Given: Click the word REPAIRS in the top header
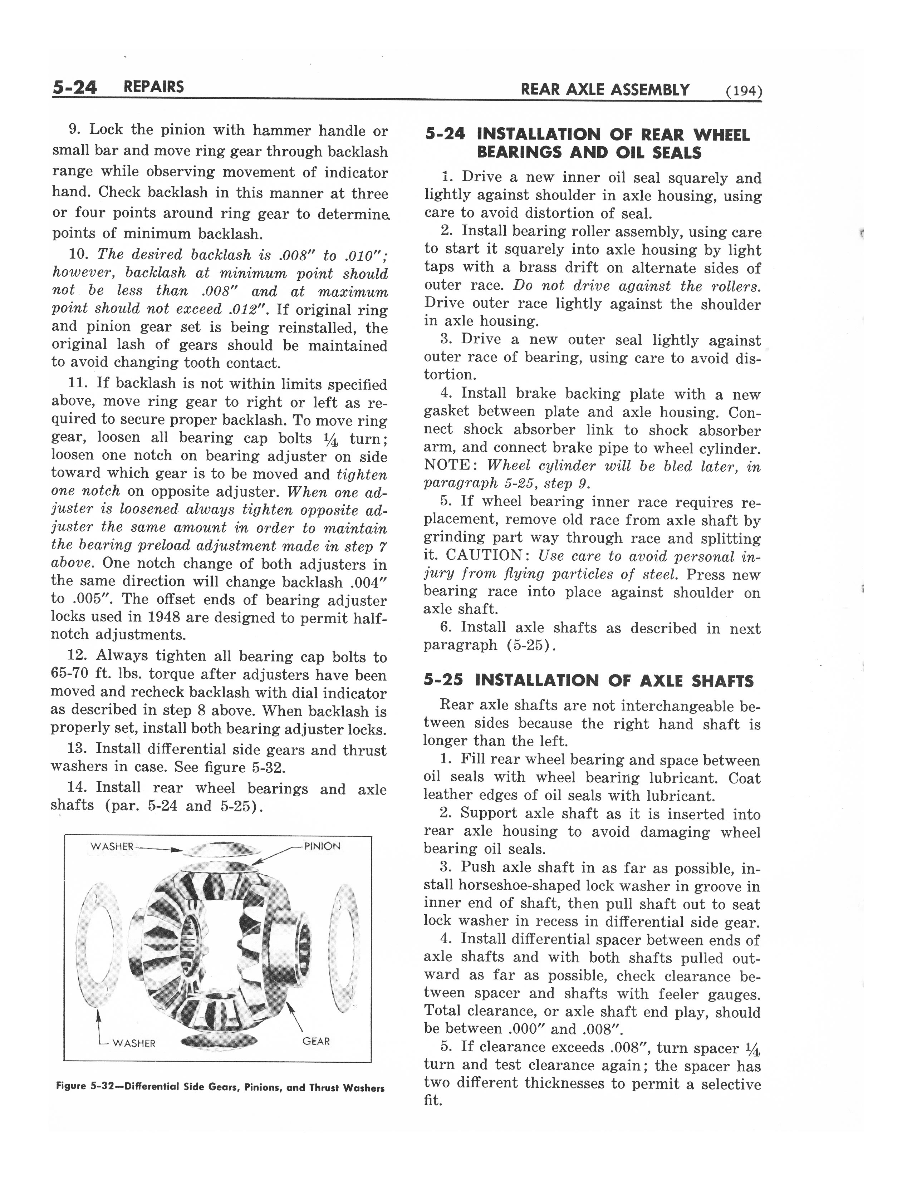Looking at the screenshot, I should (153, 87).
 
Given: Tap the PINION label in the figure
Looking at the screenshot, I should (323, 846).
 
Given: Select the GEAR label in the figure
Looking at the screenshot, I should (316, 1041).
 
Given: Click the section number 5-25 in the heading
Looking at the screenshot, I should (443, 680).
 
